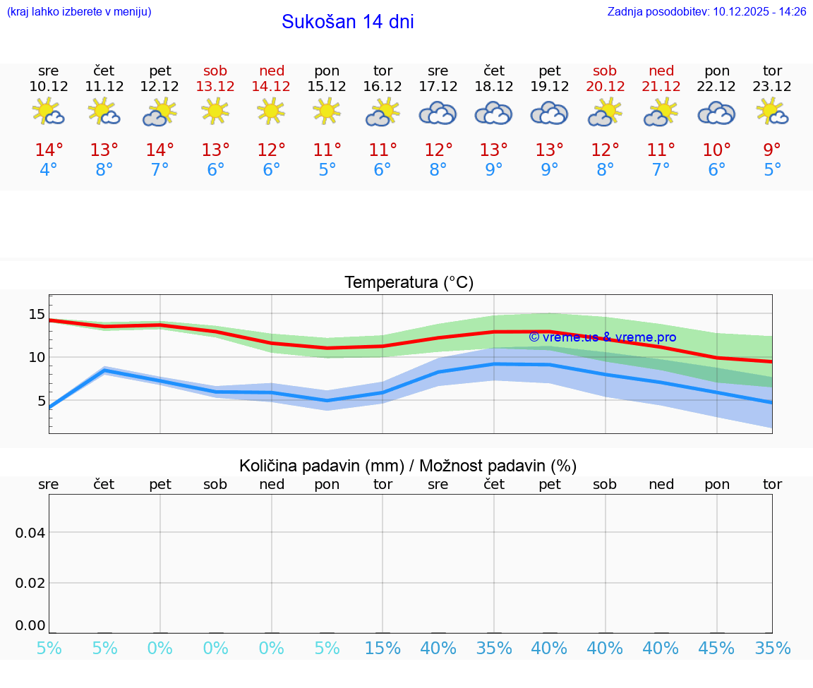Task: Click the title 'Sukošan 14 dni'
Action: [x=347, y=22]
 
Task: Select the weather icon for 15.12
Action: [x=327, y=111]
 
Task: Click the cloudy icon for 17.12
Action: [x=438, y=113]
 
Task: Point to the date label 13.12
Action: [x=216, y=86]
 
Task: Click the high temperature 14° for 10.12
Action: [x=49, y=150]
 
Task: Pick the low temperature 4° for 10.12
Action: [x=49, y=170]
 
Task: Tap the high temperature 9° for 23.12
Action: [x=772, y=150]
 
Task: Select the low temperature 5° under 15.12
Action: [x=327, y=170]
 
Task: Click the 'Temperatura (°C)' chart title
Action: [x=409, y=282]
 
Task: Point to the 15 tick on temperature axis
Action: [x=37, y=314]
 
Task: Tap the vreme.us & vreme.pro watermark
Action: [x=602, y=337]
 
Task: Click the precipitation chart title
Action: [x=408, y=466]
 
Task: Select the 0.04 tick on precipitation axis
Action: [x=30, y=533]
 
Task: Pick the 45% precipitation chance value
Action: [x=716, y=648]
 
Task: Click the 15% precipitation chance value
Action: [x=383, y=648]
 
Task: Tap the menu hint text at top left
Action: [x=79, y=11]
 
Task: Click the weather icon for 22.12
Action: [x=716, y=113]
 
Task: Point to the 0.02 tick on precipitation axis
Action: [x=30, y=583]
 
